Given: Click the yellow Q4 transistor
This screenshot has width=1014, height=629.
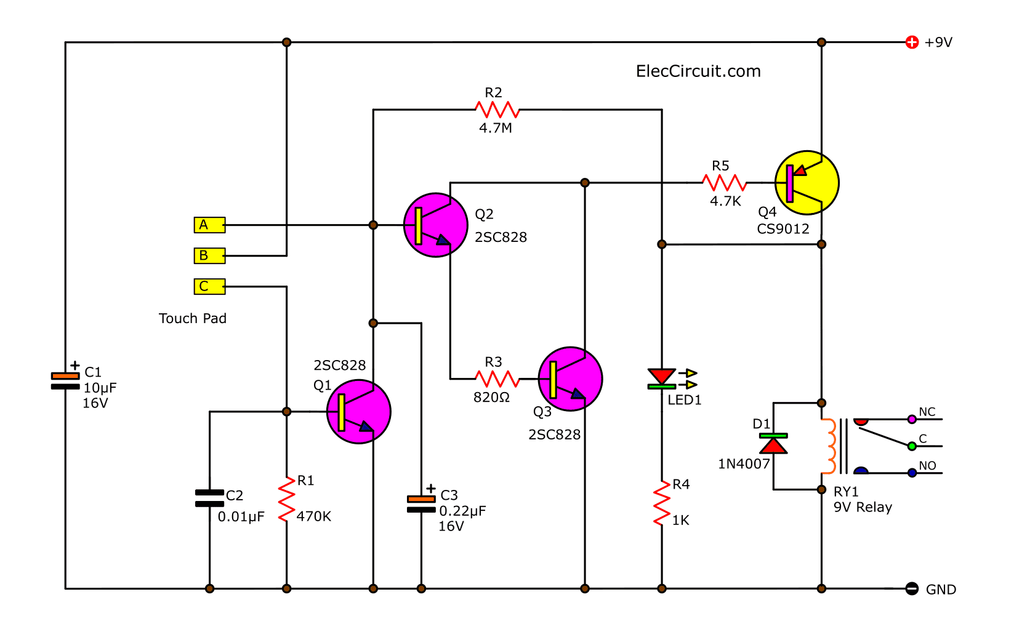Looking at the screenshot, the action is (807, 183).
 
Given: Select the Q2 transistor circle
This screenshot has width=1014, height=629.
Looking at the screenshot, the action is (435, 225).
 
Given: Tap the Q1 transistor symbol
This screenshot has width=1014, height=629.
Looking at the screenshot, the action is (358, 412).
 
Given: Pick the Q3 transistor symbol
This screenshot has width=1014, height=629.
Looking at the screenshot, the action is (570, 379).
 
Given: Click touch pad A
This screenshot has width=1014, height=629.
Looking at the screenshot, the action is (209, 225).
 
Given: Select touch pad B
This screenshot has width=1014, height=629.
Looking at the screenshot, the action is (209, 255).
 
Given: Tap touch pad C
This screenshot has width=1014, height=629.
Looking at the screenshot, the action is (209, 286).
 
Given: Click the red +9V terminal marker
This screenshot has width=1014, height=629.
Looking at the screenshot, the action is (912, 42).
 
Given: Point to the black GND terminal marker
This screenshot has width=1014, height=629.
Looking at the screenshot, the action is (912, 589).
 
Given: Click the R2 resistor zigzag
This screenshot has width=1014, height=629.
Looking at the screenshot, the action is (497, 110).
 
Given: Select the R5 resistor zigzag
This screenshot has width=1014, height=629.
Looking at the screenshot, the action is (724, 183).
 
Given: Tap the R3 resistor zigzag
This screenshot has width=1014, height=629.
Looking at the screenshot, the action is (497, 379).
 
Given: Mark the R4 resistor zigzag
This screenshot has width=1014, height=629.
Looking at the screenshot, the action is (662, 503).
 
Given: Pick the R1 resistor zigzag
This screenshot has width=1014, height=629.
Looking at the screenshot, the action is (286, 499).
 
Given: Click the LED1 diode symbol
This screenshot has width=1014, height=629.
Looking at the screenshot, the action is (662, 379).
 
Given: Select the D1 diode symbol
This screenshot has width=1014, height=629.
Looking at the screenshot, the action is (773, 444).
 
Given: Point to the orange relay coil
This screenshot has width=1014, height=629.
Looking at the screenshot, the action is (829, 446).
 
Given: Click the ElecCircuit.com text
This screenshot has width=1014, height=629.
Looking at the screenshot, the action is (698, 71).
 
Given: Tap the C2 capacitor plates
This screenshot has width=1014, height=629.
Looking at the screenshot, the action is (209, 499).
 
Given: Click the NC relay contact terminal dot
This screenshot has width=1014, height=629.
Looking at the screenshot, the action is (912, 420).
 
